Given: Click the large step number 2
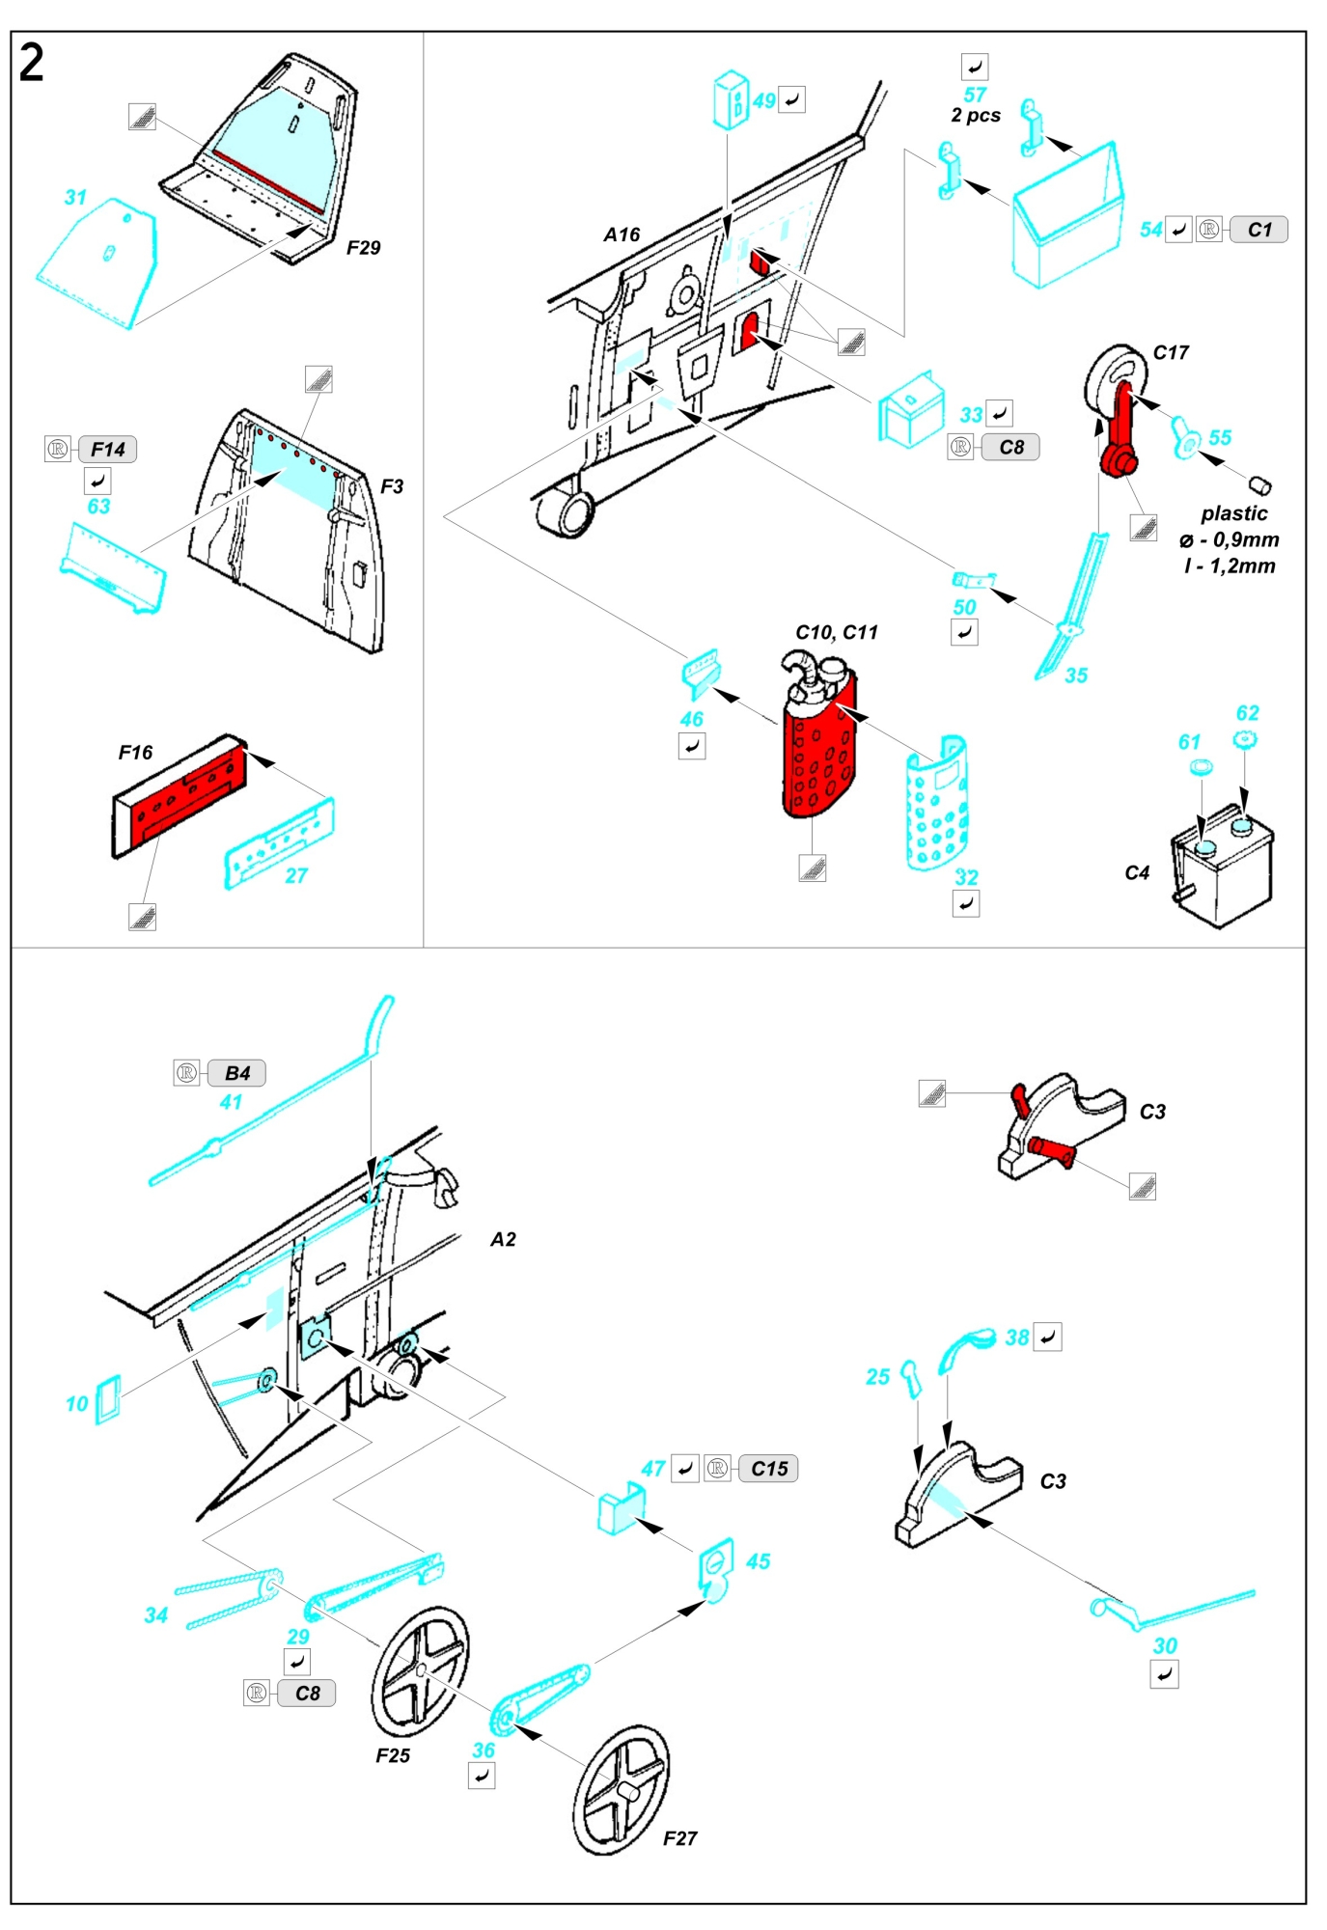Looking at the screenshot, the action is pyautogui.click(x=31, y=64).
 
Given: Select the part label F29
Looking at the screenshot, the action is pyautogui.click(x=364, y=248).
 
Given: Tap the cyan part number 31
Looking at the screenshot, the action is pyautogui.click(x=75, y=197).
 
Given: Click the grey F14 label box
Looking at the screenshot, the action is pyautogui.click(x=107, y=450).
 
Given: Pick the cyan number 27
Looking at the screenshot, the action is pyautogui.click(x=296, y=875).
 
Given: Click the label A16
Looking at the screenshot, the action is pyautogui.click(x=622, y=234).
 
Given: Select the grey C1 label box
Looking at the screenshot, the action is pyautogui.click(x=1259, y=230).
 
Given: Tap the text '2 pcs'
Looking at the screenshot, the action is pyautogui.click(x=976, y=115).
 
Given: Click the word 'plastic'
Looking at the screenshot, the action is pyautogui.click(x=1234, y=513).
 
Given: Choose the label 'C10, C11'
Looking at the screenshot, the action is pyautogui.click(x=837, y=632).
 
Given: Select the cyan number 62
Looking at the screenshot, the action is pyautogui.click(x=1248, y=713).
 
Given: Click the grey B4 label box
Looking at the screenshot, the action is pyautogui.click(x=236, y=1073).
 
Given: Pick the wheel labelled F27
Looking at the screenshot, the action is pyautogui.click(x=621, y=1790).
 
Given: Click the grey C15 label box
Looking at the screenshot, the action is pyautogui.click(x=769, y=1469).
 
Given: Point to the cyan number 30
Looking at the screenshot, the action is pyautogui.click(x=1165, y=1645).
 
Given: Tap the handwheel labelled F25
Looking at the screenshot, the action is pyautogui.click(x=420, y=1670).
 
